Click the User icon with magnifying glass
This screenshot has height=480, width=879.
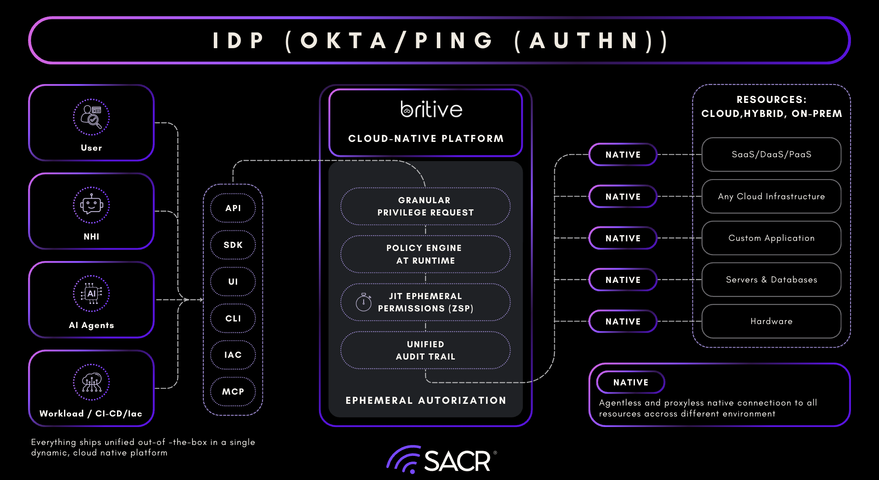(x=91, y=117)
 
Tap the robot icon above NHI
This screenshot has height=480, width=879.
(x=91, y=205)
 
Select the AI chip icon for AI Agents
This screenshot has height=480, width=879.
(x=91, y=293)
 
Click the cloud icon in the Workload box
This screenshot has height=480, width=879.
(x=91, y=382)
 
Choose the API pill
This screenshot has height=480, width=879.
(x=233, y=208)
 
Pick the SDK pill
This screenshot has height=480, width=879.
(x=233, y=245)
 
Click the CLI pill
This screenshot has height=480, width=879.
(x=233, y=318)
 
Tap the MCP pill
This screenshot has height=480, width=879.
(x=233, y=392)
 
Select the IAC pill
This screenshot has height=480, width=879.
(x=233, y=355)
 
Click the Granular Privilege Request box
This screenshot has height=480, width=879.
(x=425, y=206)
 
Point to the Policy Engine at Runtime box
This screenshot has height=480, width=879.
(x=425, y=254)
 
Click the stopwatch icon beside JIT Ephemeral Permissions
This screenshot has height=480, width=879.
(x=364, y=302)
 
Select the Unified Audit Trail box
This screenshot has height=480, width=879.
(x=425, y=350)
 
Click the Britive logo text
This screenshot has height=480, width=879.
(x=432, y=109)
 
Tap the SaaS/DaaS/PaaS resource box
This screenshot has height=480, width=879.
(x=771, y=155)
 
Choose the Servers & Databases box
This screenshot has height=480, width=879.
(x=771, y=280)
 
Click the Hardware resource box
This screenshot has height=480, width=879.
(x=771, y=321)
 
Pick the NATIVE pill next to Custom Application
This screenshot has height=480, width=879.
(x=623, y=238)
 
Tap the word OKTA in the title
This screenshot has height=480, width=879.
(x=344, y=41)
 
